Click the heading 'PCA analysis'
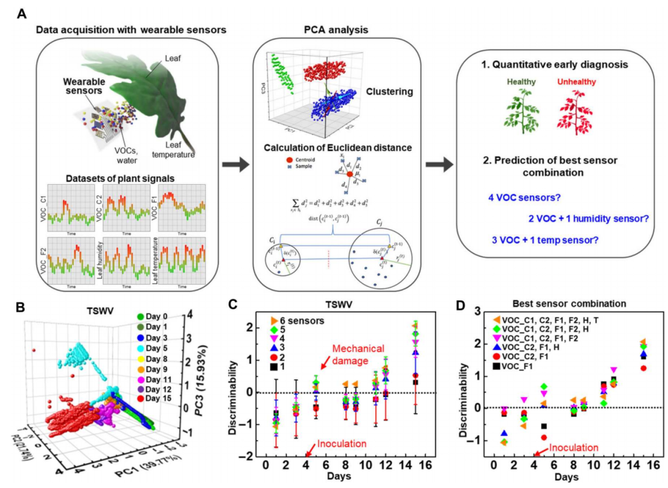tap(337, 30)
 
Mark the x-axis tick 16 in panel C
tap(427, 465)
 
